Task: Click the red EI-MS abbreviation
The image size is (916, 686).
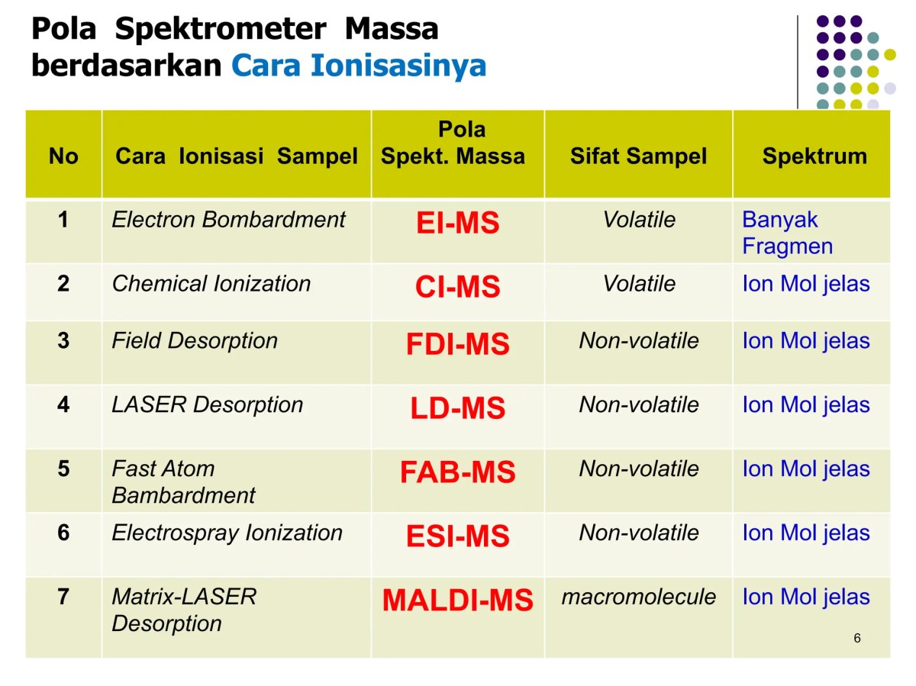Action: click(x=457, y=224)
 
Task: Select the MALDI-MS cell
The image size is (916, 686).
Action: click(x=457, y=601)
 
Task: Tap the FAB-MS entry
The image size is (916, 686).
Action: click(x=457, y=472)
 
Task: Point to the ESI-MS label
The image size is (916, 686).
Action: click(x=457, y=536)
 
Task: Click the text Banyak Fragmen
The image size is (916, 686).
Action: click(x=787, y=233)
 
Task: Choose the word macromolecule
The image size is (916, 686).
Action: click(x=638, y=597)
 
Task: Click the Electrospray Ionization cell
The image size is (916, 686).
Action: click(x=227, y=533)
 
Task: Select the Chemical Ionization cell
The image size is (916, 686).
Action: click(x=211, y=284)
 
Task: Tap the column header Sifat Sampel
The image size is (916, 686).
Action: click(x=638, y=156)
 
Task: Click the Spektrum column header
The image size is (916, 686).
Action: click(x=814, y=156)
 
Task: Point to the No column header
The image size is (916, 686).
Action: click(x=63, y=156)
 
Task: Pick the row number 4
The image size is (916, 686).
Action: click(x=63, y=404)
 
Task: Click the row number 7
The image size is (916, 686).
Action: click(x=63, y=597)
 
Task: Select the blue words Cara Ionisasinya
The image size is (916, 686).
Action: click(x=359, y=66)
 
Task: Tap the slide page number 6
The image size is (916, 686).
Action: click(x=857, y=638)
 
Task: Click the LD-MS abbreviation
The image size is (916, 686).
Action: click(x=457, y=409)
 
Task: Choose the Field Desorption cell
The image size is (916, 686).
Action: click(x=195, y=340)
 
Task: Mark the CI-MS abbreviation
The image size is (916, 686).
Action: click(x=457, y=288)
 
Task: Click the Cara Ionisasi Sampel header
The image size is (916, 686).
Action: click(x=237, y=156)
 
